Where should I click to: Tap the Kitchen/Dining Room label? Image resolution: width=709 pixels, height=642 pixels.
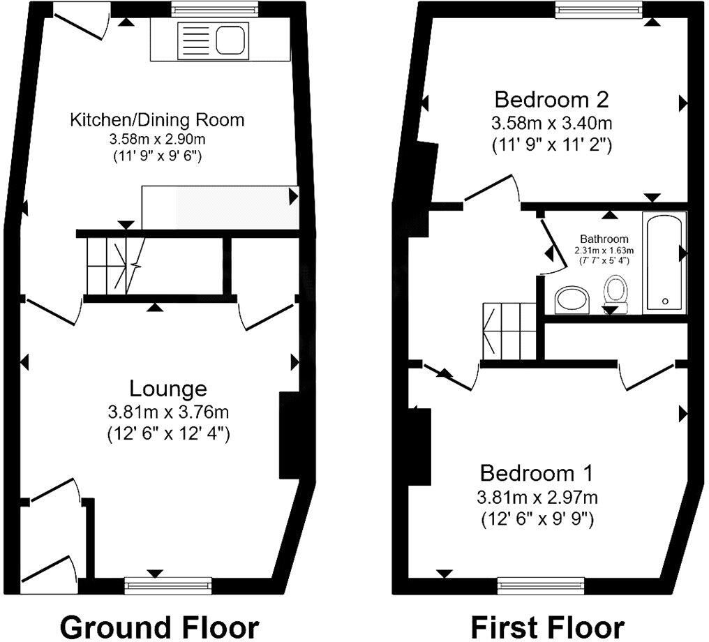click(157, 120)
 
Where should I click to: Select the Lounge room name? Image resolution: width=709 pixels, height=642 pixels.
click(168, 389)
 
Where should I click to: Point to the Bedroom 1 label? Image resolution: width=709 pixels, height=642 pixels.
click(537, 473)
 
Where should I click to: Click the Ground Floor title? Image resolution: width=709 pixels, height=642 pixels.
click(159, 626)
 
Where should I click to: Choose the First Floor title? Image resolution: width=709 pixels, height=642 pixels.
click(547, 626)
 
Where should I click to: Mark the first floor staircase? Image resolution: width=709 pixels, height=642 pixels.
click(509, 329)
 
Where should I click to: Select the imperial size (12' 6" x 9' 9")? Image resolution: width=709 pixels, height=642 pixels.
click(537, 519)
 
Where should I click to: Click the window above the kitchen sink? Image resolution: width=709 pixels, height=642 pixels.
click(215, 9)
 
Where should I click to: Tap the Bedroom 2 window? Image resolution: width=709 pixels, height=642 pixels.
click(599, 9)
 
